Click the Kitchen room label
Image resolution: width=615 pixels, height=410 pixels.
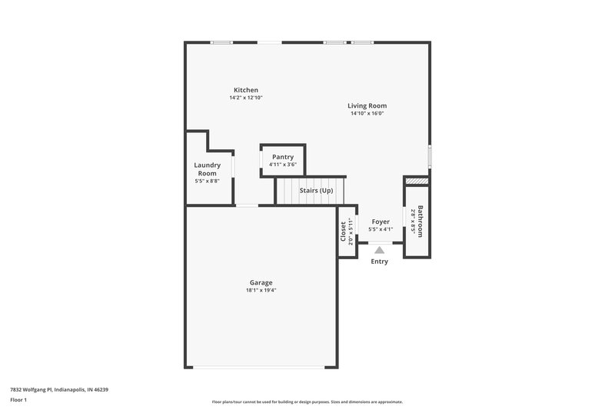point(246,90)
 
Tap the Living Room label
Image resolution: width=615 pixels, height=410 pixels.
point(367,105)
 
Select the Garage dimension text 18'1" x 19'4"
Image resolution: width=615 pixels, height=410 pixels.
point(261,291)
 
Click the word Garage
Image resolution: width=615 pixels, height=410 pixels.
point(261,282)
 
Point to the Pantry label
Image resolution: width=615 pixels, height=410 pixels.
point(283,157)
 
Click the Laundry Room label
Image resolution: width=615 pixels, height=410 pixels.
point(208,169)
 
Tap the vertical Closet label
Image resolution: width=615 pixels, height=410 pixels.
point(343,232)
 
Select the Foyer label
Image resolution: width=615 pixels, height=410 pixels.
point(381,222)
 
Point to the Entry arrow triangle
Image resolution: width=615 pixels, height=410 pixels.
point(379,249)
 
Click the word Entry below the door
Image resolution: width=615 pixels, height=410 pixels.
point(380,262)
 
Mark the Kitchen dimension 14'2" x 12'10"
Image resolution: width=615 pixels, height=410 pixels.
point(246,98)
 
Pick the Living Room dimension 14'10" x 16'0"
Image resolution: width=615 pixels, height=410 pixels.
point(367,114)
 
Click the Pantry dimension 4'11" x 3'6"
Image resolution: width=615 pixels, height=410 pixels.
point(283,165)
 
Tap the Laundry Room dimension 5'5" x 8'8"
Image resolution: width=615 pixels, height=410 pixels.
point(208,182)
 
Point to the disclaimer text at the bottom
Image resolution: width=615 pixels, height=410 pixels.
point(307,402)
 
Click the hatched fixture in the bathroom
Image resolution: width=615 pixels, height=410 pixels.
point(416,181)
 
